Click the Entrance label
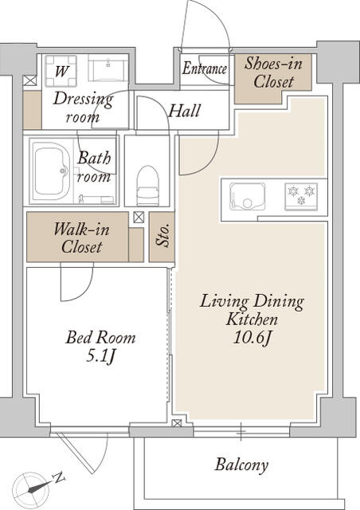point(205,69)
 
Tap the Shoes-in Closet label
point(268,73)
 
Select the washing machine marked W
point(61,69)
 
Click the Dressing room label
point(83,108)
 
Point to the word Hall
point(184,111)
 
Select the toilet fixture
point(148,185)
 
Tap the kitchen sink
point(244,194)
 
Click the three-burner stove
point(301,194)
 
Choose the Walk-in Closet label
point(80,238)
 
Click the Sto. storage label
point(162,237)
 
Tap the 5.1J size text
point(100,356)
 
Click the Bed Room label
point(100,338)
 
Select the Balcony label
point(241,465)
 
